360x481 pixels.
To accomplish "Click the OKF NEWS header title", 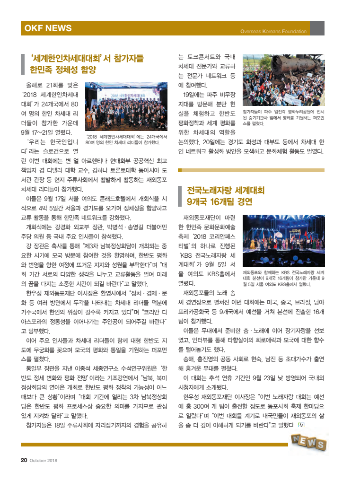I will click(48, 28).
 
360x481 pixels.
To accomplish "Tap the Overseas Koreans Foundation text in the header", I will click(273, 32).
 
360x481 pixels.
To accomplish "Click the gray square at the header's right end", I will click(317, 28).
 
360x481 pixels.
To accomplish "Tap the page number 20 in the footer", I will click(23, 460).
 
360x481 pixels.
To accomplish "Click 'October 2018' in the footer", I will click(44, 460).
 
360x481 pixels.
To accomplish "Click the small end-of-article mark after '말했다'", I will click(301, 425).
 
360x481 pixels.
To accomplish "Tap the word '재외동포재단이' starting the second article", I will click(202, 218).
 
